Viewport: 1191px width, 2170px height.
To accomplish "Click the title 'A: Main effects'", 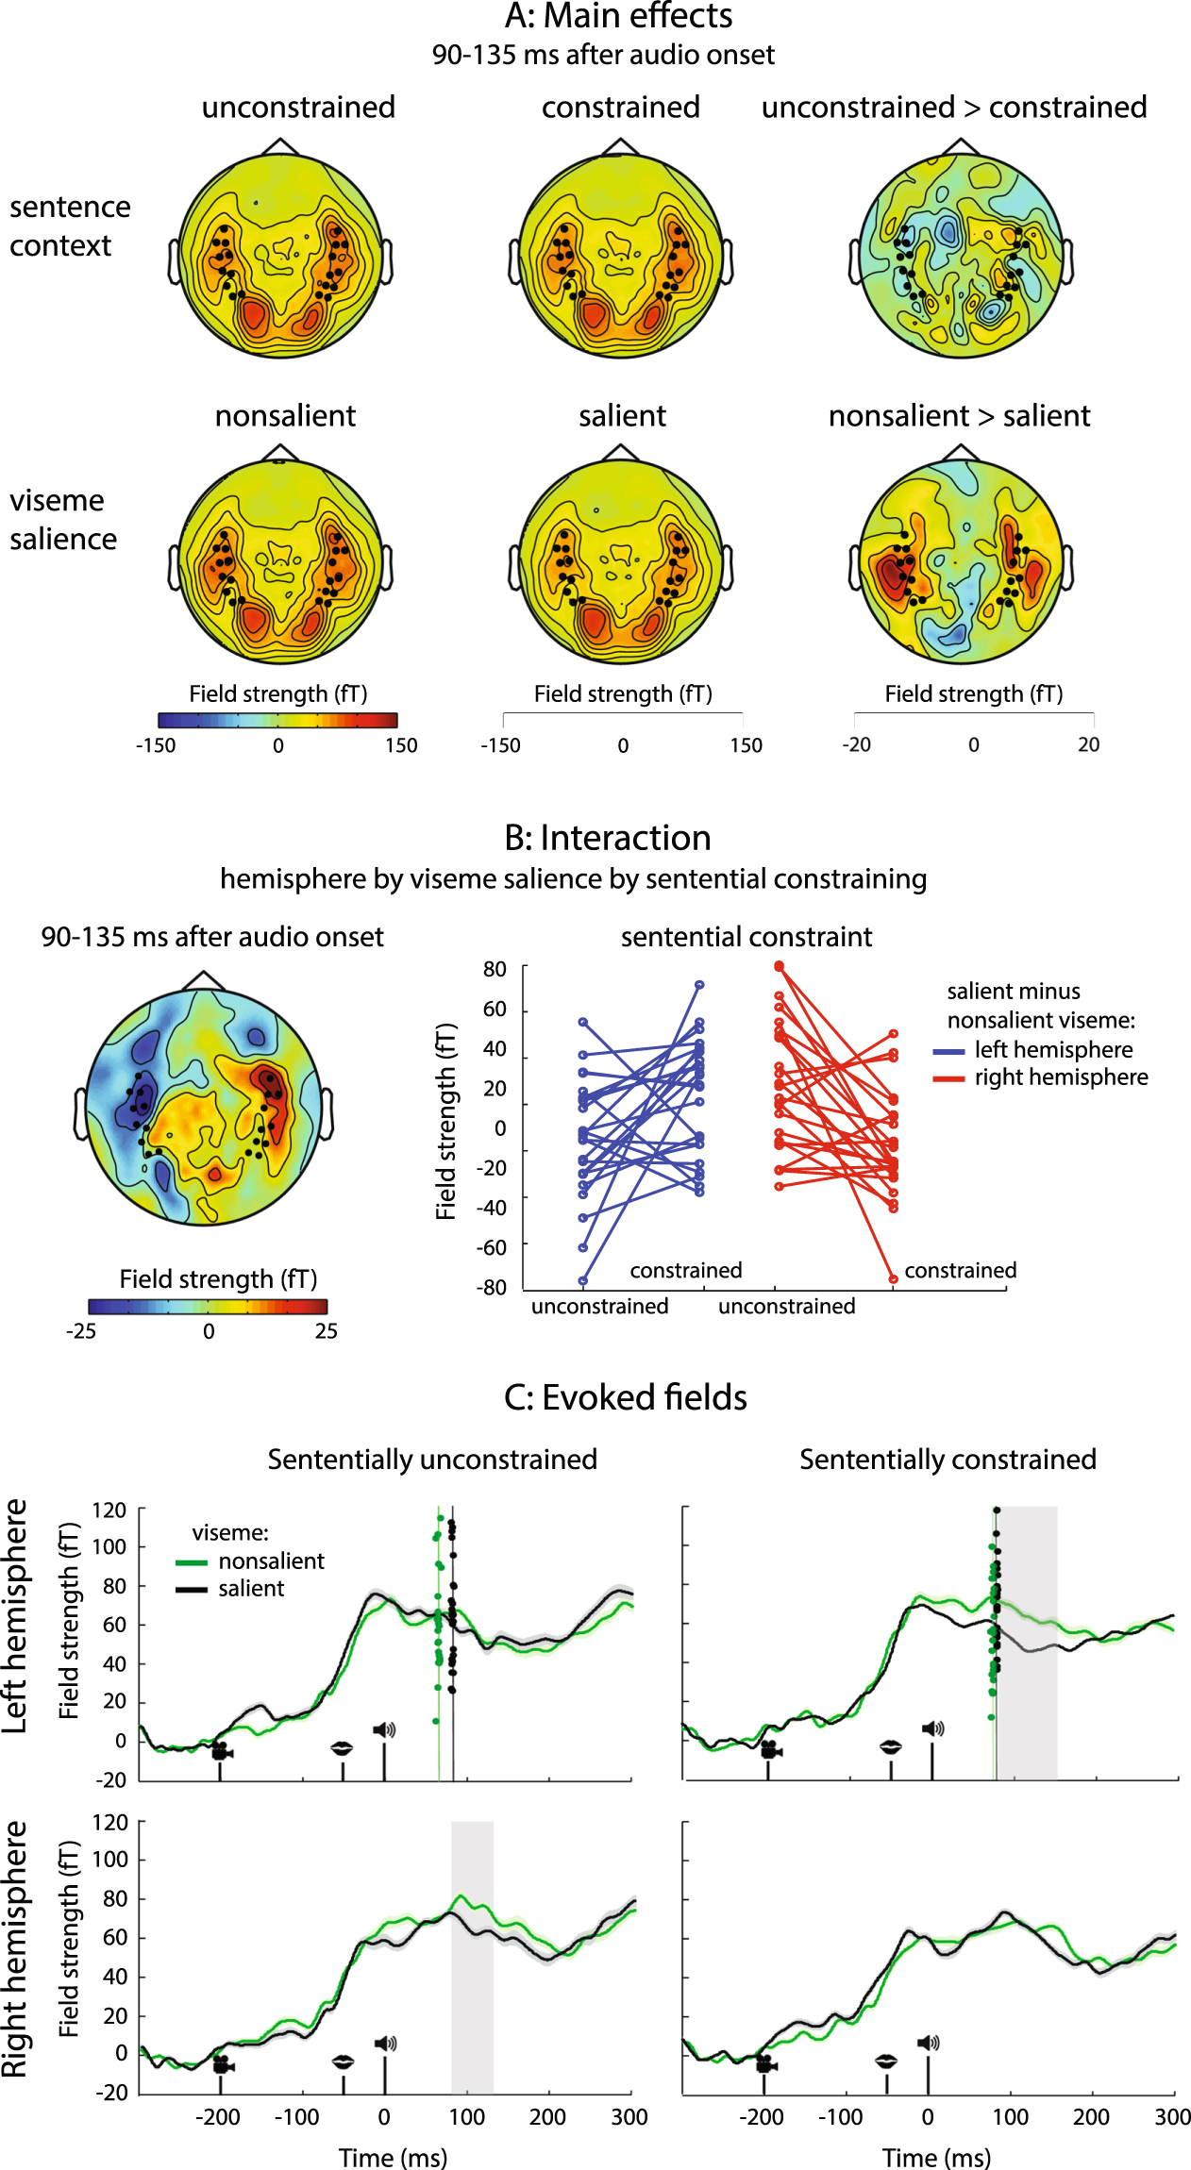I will point(618,16).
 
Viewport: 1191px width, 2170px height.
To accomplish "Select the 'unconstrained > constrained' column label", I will point(954,107).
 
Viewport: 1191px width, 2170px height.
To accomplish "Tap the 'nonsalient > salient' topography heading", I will point(959,415).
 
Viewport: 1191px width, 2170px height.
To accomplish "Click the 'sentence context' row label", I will point(70,225).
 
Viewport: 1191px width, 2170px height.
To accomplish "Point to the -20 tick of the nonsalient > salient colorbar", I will point(856,744).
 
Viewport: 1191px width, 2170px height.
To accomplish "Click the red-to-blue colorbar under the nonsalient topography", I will point(277,720).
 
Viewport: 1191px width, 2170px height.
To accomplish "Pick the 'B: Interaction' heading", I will point(607,838).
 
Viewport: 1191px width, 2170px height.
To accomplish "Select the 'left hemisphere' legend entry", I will point(1053,1049).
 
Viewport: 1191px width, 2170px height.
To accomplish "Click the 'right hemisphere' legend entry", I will point(1061,1077).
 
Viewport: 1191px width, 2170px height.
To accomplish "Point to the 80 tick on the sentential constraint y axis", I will point(495,969).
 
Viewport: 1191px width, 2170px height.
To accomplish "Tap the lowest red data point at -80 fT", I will point(893,1279).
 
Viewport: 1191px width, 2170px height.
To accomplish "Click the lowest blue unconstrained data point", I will point(583,1280).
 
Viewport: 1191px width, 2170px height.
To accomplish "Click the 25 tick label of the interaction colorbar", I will point(327,1331).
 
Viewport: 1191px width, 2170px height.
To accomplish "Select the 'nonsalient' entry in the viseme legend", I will point(271,1561).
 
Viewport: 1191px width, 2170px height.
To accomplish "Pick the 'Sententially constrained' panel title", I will point(948,1460).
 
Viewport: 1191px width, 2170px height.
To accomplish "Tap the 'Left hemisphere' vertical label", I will point(15,1614).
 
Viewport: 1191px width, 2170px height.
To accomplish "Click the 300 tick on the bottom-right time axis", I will point(1172,2116).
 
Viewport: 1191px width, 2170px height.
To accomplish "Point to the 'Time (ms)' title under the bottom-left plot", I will point(393,2158).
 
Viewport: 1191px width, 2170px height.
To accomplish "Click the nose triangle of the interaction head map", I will point(204,979).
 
